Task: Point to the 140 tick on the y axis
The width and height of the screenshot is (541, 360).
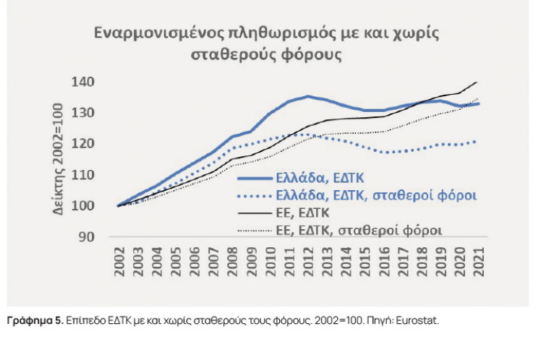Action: coord(85,82)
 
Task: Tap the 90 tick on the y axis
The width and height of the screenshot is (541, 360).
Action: coord(88,237)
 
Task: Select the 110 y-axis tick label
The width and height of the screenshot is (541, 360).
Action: coord(85,175)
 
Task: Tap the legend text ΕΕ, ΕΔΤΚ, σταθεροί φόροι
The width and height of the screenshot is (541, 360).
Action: coord(360,230)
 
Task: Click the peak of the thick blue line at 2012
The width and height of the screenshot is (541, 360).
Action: coord(308,96)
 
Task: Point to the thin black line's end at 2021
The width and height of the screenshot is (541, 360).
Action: coord(478,82)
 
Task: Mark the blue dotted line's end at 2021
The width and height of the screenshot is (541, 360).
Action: coord(478,141)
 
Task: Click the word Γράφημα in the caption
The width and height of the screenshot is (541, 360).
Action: coord(30,320)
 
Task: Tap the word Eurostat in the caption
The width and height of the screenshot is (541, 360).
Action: coord(419,320)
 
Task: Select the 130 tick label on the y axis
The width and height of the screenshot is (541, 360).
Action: coord(85,113)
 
